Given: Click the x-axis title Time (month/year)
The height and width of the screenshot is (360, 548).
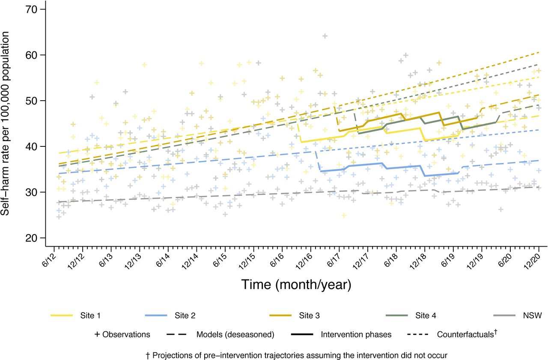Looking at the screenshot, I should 296,284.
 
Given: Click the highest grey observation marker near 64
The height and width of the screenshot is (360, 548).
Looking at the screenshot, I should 325,36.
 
